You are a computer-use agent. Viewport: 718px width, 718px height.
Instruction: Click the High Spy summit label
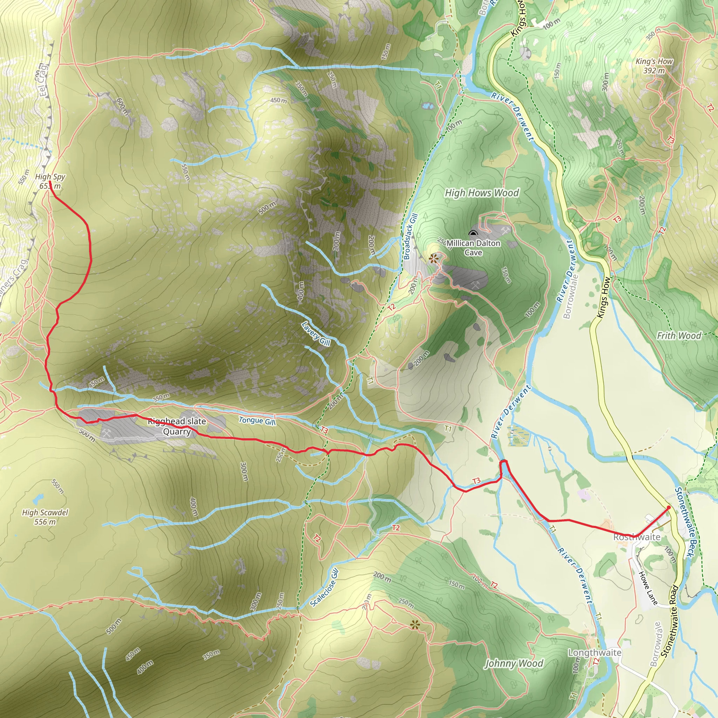click(x=50, y=181)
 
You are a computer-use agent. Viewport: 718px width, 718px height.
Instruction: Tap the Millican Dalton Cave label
click(x=473, y=248)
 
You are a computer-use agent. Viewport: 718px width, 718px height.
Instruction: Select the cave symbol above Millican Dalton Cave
click(x=473, y=233)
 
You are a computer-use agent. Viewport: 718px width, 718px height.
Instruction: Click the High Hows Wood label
click(x=482, y=193)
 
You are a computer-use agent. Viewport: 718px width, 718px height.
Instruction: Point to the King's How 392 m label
click(x=654, y=66)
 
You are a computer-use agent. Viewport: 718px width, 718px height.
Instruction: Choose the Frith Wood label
click(x=679, y=336)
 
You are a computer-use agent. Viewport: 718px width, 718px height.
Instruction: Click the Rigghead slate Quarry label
click(x=177, y=426)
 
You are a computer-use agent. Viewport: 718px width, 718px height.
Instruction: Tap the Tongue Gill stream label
click(x=257, y=421)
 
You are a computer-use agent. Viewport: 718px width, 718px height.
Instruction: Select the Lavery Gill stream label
click(x=316, y=333)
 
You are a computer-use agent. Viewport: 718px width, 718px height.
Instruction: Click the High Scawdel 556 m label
click(x=45, y=517)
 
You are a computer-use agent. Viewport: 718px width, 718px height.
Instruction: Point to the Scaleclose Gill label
click(x=324, y=587)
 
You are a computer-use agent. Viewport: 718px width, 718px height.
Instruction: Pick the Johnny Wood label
click(x=514, y=663)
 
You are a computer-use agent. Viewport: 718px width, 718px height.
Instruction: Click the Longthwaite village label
click(x=595, y=652)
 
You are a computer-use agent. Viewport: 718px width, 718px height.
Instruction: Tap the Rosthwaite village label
click(x=637, y=537)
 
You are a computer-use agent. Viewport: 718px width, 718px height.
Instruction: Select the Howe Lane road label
click(x=648, y=588)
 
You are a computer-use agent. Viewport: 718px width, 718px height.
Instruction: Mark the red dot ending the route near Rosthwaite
click(x=669, y=507)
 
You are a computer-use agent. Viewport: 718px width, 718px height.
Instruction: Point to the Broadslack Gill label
click(x=411, y=236)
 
